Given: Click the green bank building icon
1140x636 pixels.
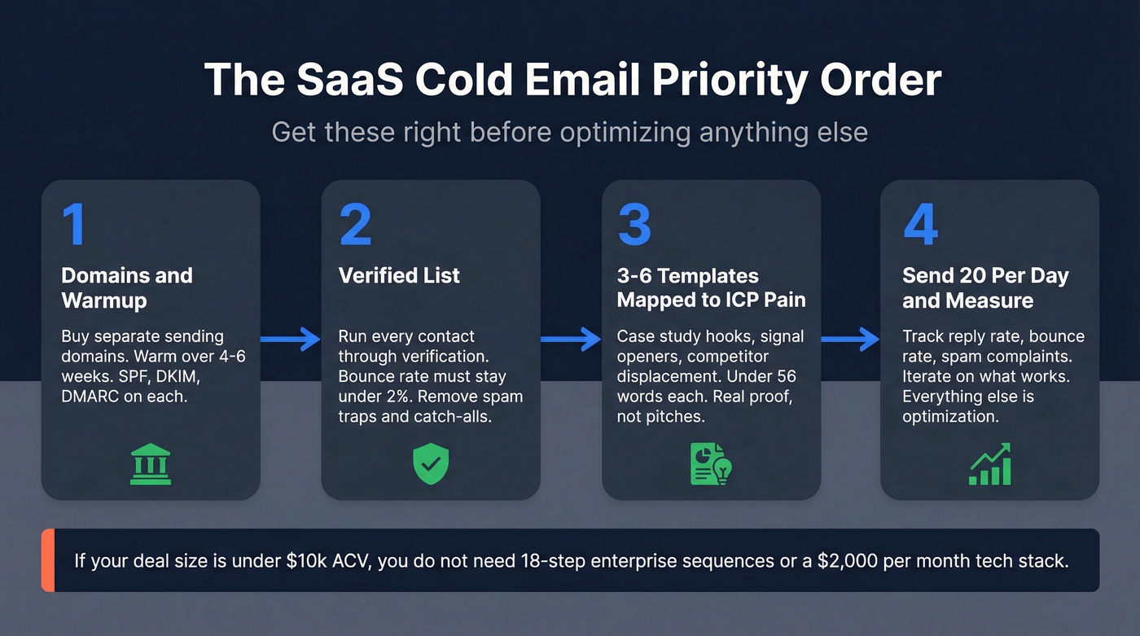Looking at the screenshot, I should pos(151,464).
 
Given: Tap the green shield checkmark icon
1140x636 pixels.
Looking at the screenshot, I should pos(431,464).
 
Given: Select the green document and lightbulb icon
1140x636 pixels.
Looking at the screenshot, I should pos(711,464).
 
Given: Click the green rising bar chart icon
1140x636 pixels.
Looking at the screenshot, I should pos(989,464).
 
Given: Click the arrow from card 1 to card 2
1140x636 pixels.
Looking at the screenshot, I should pos(291,339).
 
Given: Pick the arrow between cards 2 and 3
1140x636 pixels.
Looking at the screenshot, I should pos(571,339).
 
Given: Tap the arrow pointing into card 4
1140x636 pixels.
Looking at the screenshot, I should pos(850,339).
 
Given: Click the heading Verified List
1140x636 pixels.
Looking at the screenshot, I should pos(399,275).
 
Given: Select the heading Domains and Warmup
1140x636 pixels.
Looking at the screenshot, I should pos(126,287).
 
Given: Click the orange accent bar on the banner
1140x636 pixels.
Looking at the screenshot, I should pos(46,560).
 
